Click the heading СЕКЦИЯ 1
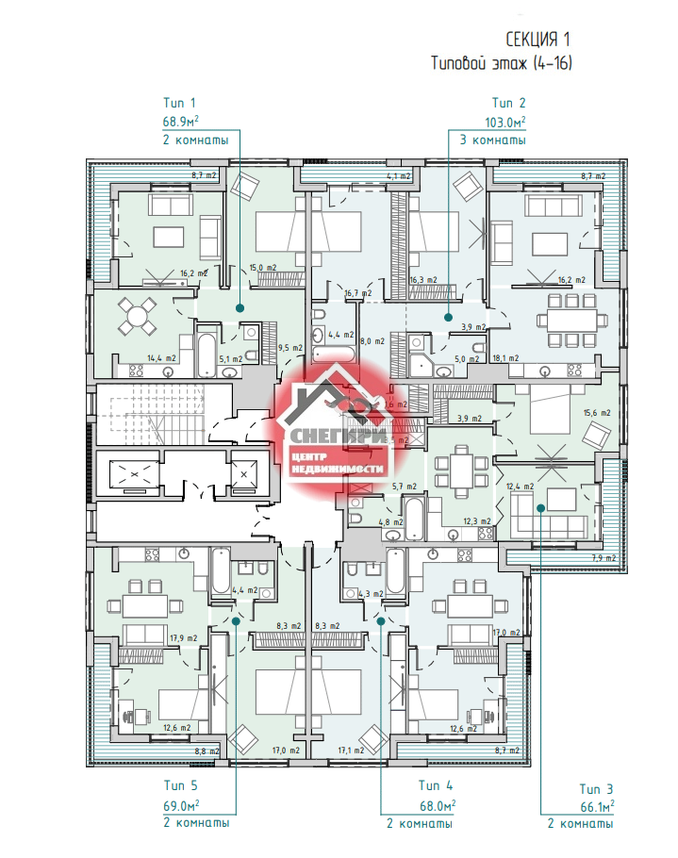coord(537,39)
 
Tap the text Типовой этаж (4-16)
coord(503,63)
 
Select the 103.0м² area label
coord(504,122)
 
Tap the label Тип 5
coord(181,784)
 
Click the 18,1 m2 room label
coord(505,359)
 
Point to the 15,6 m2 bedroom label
coord(598,413)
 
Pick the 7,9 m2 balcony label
coord(603,558)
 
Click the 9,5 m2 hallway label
coord(289,348)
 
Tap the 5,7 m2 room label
coord(404,486)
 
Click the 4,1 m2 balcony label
coord(399,176)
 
